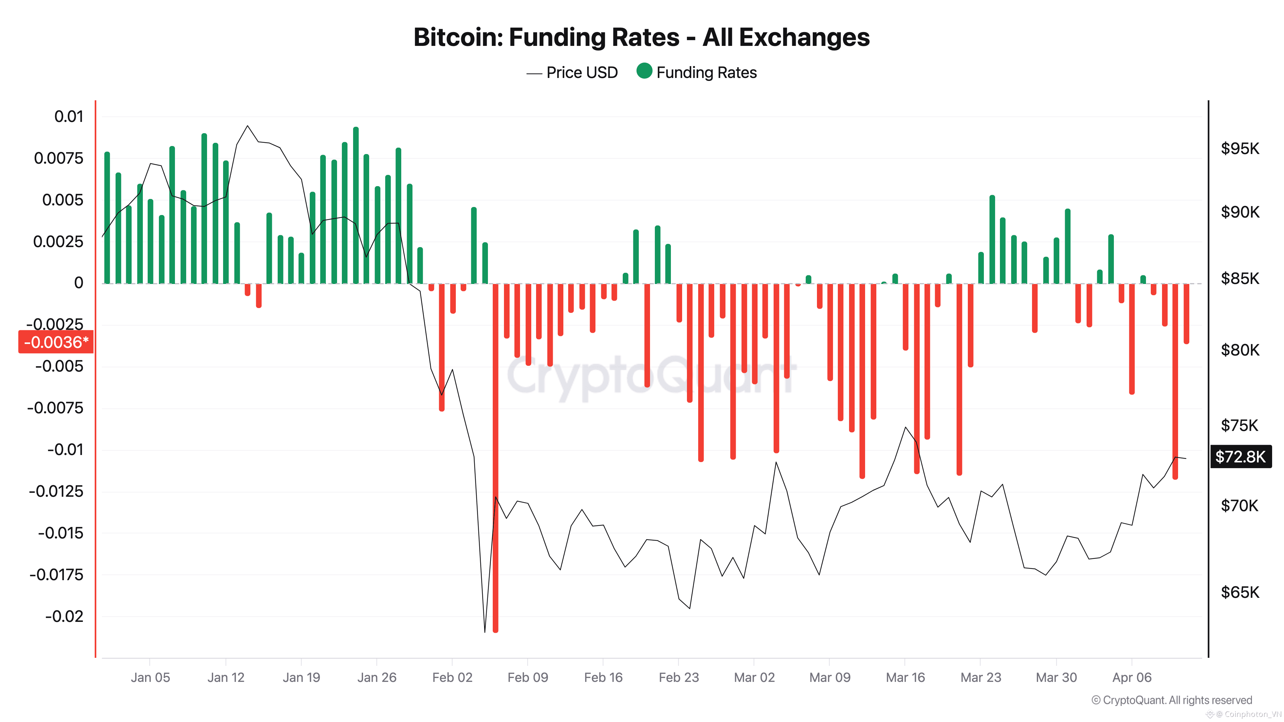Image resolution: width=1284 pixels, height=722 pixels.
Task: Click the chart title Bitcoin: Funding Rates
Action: [641, 37]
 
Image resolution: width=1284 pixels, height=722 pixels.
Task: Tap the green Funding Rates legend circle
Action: [644, 71]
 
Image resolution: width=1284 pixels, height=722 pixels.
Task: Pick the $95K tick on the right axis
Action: [1240, 149]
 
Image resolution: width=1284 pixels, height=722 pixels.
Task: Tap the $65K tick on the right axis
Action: [1240, 592]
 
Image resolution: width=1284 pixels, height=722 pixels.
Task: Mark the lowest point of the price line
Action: [484, 631]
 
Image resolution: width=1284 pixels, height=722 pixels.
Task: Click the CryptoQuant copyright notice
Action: [1171, 700]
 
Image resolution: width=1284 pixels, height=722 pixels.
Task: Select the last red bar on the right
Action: [1186, 314]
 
